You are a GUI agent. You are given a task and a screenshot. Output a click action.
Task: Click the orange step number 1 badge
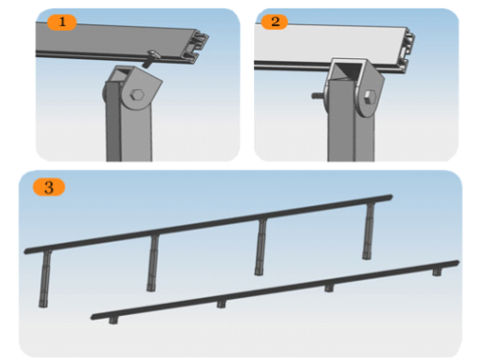click(x=62, y=22)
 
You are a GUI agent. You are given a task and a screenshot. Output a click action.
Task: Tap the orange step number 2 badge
click(x=275, y=22)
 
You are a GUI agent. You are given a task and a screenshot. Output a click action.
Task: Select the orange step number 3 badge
click(x=49, y=187)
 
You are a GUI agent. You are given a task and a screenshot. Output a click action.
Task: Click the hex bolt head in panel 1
click(x=137, y=95)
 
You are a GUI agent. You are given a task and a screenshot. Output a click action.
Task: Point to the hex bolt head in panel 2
click(x=369, y=97)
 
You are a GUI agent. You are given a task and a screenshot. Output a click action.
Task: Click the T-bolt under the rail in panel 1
click(x=152, y=58)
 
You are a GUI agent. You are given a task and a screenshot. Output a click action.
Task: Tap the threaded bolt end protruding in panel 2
click(x=318, y=96)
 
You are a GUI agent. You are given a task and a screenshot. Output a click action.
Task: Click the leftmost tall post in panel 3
click(x=45, y=278)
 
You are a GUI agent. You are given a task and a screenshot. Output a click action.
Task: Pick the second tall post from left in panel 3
click(x=153, y=263)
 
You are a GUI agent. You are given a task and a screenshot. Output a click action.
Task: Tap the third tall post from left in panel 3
click(x=261, y=247)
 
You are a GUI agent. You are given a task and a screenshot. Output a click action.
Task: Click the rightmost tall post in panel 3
click(x=368, y=232)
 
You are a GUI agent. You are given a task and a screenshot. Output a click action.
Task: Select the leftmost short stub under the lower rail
click(x=113, y=321)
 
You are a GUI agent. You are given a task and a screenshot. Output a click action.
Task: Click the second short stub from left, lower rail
click(x=221, y=304)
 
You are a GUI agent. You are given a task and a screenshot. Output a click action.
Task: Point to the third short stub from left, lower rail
click(x=329, y=288)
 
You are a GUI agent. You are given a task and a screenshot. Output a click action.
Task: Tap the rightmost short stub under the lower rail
click(x=437, y=272)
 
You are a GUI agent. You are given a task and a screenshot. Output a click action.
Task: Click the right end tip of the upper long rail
click(x=392, y=197)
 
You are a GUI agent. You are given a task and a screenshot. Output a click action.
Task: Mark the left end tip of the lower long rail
click(x=92, y=318)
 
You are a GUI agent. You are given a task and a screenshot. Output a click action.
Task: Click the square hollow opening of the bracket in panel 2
click(x=347, y=69)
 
